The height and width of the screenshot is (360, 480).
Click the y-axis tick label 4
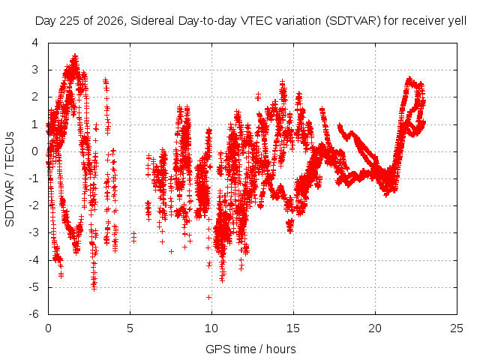[x=35, y=43]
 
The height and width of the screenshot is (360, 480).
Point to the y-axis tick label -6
[x=33, y=314]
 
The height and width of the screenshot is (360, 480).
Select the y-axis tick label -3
[x=33, y=232]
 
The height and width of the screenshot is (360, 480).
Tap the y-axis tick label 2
[x=35, y=97]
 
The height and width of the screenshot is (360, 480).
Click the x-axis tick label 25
[x=457, y=328]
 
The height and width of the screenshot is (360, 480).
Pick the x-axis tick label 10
[x=211, y=328]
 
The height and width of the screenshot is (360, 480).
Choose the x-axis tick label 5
[x=130, y=328]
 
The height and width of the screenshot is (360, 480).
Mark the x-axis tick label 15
[x=293, y=328]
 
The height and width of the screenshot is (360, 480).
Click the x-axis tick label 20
[x=375, y=328]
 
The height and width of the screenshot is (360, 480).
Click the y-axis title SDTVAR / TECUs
[x=10, y=178]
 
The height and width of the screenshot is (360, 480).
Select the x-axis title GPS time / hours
[x=250, y=349]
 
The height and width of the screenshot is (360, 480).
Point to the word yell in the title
[x=457, y=21]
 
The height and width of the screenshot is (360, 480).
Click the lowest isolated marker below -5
[x=209, y=297]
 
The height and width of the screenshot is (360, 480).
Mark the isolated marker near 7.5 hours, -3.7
[x=172, y=252]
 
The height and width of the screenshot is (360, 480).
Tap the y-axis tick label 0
[x=35, y=151]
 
